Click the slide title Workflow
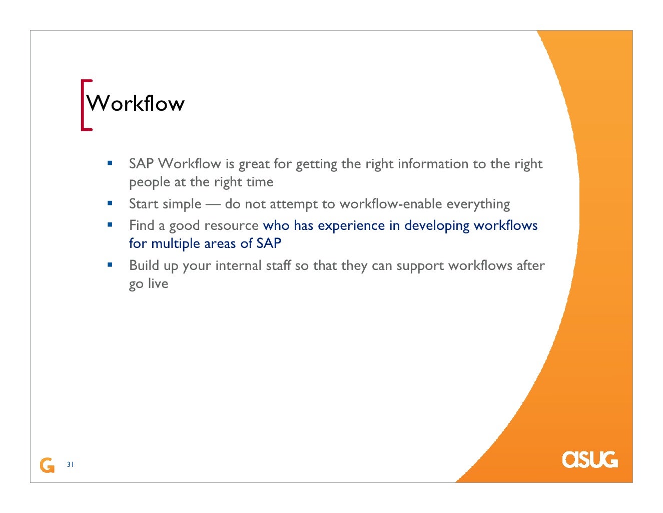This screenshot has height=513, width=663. tap(136, 104)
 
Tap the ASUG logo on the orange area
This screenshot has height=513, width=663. tap(589, 459)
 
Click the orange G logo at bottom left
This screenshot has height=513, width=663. tap(47, 465)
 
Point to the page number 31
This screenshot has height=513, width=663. tap(70, 464)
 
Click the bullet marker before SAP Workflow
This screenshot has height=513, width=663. tap(110, 163)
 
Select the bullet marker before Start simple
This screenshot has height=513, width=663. tap(110, 203)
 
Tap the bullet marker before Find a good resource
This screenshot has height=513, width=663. tap(110, 225)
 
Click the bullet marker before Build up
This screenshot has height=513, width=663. tap(110, 265)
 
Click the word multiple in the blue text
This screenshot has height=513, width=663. tap(176, 244)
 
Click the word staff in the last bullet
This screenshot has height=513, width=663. tap(278, 266)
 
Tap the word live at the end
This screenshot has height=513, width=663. tap(158, 284)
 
